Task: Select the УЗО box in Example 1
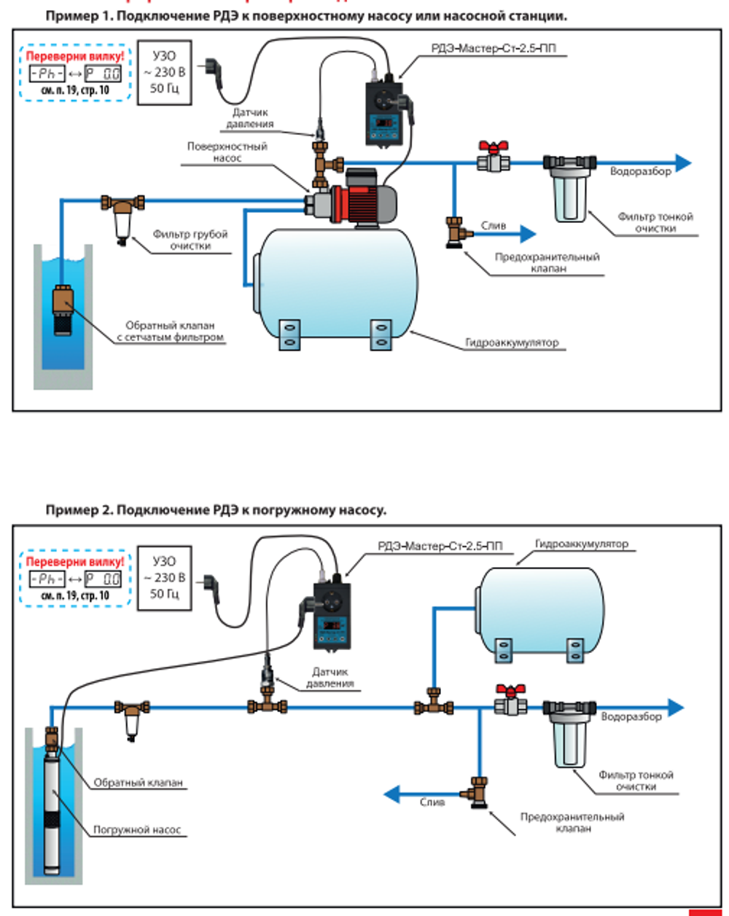[x=165, y=72]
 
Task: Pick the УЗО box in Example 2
[x=165, y=578]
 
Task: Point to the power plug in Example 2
[x=211, y=583]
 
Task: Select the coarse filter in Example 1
[x=122, y=215]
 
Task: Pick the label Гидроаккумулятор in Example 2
[x=581, y=544]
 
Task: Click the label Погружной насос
[x=137, y=829]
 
